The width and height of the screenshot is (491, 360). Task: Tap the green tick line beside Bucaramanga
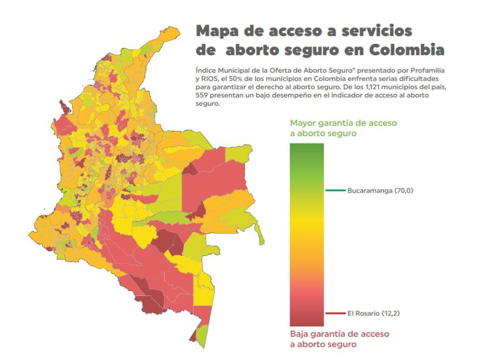(x=335, y=190)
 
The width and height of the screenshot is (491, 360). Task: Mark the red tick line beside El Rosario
(x=335, y=313)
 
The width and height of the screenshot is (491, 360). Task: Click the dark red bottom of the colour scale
(x=307, y=320)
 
